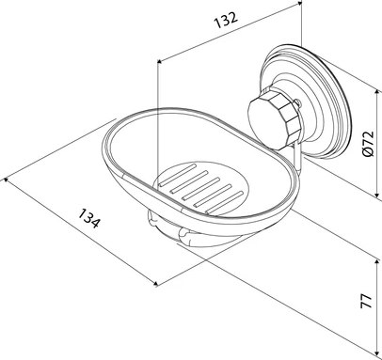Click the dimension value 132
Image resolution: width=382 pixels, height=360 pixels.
(226, 20)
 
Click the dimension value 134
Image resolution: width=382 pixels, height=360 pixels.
(89, 218)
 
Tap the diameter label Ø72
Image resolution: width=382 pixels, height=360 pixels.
(368, 143)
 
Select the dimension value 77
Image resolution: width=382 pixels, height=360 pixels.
(366, 301)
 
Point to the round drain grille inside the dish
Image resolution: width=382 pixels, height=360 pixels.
(201, 189)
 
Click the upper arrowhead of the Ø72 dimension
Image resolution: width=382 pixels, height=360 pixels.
(377, 91)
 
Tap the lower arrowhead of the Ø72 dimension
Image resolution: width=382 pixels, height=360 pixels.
(377, 195)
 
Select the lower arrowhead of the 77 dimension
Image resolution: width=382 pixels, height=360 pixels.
(377, 353)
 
